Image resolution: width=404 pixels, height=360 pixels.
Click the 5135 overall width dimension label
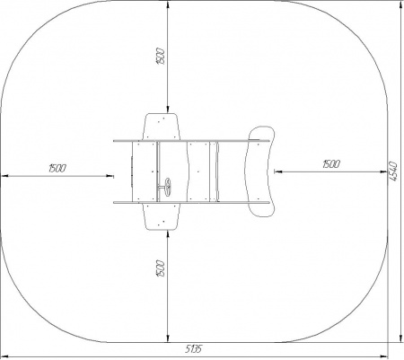coord(194,348)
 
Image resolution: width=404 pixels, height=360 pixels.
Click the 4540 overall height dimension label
coord(393,171)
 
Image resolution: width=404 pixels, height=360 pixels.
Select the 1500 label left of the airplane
coord(57,169)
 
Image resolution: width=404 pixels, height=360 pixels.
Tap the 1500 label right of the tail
coord(331,164)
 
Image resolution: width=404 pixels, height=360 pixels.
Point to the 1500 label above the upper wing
coord(160,56)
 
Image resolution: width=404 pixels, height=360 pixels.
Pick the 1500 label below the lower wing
coord(161,268)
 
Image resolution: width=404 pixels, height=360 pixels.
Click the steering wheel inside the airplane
coord(166,187)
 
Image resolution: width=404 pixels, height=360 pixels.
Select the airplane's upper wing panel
coord(162,127)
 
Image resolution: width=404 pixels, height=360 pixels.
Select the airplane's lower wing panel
coord(162,216)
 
